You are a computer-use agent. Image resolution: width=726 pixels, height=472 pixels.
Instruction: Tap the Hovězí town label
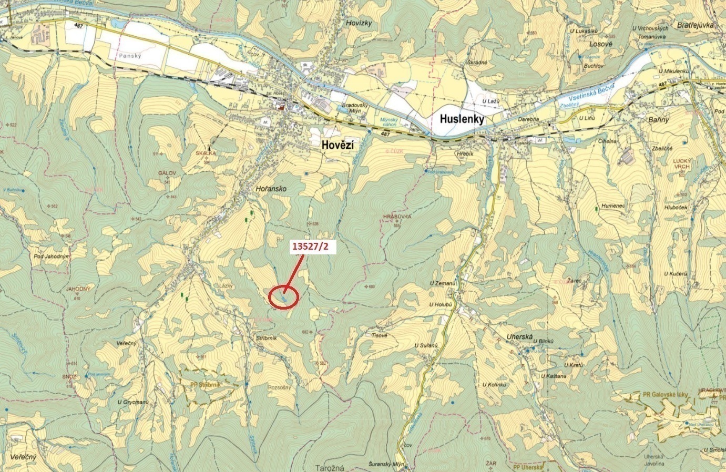[336, 145]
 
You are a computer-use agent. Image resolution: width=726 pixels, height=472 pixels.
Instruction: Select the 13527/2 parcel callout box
[314, 248]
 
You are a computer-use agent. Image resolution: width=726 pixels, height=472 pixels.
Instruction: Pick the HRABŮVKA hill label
[397, 217]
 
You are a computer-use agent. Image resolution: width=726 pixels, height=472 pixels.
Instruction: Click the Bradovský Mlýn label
[356, 108]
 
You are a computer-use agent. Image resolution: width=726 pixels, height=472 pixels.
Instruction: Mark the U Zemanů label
[441, 283]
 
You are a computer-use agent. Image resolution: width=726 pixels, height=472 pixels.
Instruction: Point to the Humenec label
[613, 206]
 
